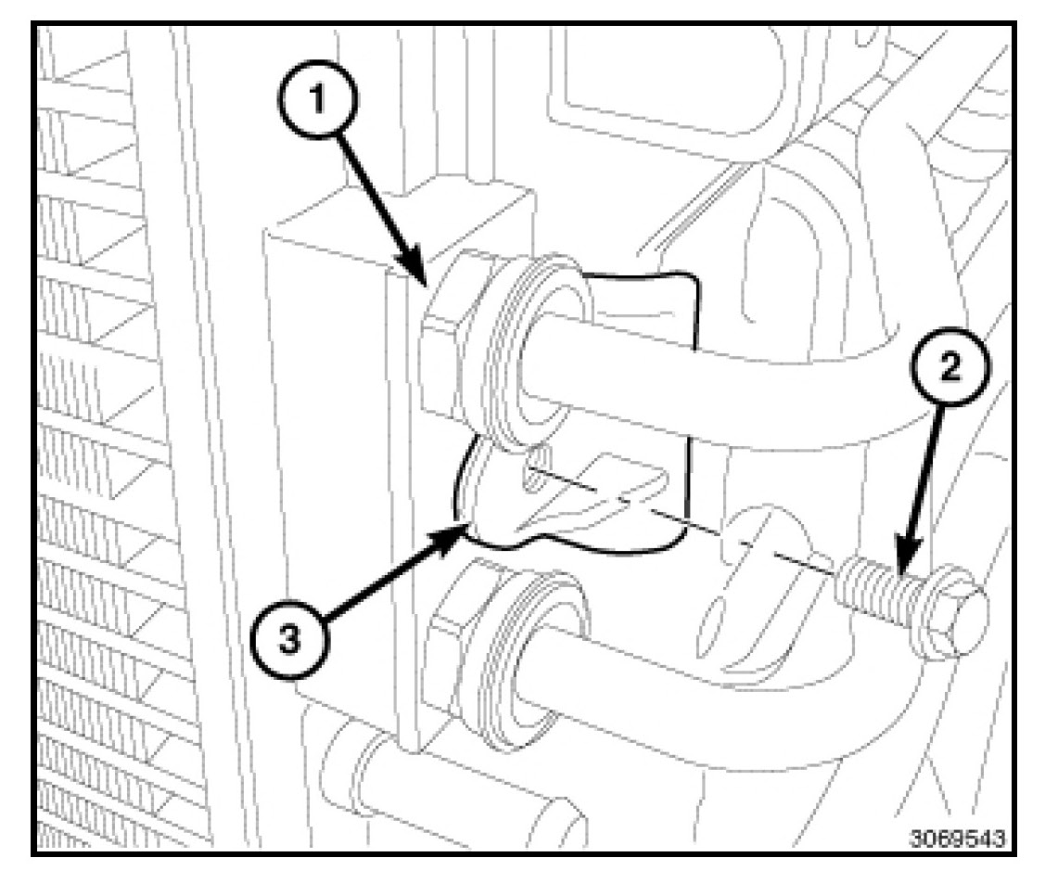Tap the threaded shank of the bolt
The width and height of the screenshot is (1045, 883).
point(872,590)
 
